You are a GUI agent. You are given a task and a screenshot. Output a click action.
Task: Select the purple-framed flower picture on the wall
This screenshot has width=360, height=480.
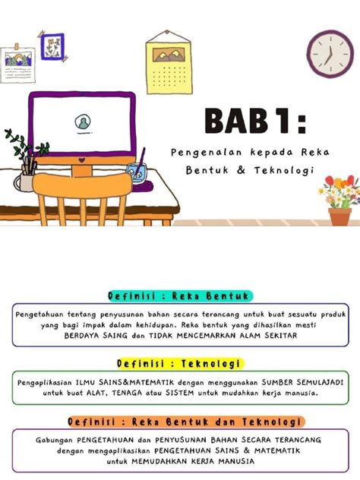pos(52,46)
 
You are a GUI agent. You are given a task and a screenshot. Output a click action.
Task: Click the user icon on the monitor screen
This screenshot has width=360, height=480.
pos(81,122)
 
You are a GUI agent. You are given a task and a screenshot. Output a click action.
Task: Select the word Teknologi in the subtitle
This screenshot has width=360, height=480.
pos(283,169)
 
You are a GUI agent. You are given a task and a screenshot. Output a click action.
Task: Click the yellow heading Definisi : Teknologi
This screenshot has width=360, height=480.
pos(179,363)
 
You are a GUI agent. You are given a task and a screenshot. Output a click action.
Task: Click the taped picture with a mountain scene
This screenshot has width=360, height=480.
pos(18,58)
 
